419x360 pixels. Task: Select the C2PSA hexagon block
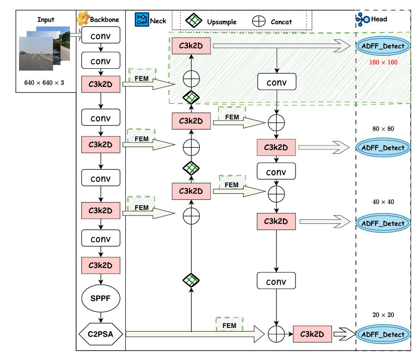point(101,334)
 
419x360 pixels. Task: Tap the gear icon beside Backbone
point(83,18)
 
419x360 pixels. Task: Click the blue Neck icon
point(141,20)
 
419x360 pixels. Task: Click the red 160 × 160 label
point(383,62)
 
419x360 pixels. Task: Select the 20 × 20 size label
point(383,315)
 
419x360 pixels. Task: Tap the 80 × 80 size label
point(383,129)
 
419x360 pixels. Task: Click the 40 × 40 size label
point(383,202)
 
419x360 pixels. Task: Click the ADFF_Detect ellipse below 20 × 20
point(383,334)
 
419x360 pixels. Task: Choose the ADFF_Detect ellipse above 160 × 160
point(383,46)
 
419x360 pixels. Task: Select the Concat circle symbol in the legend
point(258,21)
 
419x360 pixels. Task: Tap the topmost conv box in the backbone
point(101,35)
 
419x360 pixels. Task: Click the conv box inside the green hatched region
point(277,82)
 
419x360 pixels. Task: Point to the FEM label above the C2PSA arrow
point(229,326)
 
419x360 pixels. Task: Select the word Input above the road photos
point(46,20)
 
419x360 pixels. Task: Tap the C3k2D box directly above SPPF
point(101,266)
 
